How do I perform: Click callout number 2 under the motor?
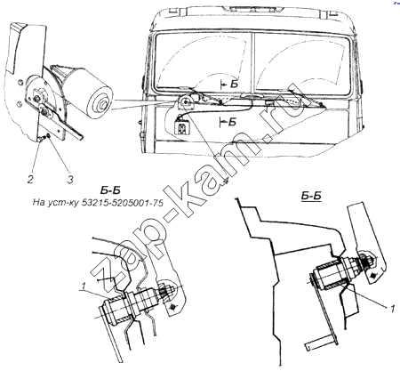click(30, 179)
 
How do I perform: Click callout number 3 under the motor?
click(70, 179)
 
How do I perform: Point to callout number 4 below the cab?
click(226, 181)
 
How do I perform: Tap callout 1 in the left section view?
click(84, 286)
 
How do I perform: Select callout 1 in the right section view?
click(392, 309)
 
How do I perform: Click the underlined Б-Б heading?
click(311, 196)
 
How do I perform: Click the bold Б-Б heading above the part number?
click(110, 190)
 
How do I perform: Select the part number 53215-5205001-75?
click(123, 203)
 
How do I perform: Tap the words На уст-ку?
click(56, 204)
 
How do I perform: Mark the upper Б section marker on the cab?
click(229, 85)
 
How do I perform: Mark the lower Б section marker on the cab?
click(228, 122)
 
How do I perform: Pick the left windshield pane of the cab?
click(204, 61)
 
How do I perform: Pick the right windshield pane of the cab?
click(302, 61)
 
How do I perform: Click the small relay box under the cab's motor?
click(181, 127)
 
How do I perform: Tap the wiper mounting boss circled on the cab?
click(186, 102)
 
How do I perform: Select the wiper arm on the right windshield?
click(306, 96)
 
